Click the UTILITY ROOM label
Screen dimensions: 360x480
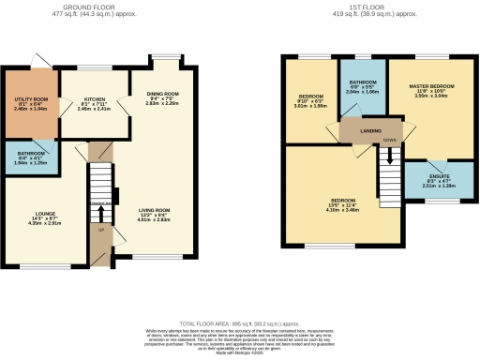pos(25,98)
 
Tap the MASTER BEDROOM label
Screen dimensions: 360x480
pos(433,85)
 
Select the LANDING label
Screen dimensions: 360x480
pos(357,131)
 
